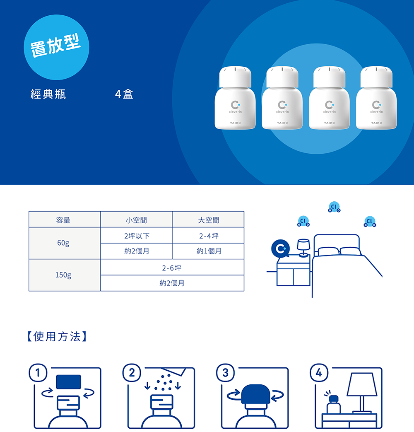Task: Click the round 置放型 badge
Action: pos(56,47)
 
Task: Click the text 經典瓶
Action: pos(48,94)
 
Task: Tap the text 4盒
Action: pos(124,94)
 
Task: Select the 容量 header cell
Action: pos(65,220)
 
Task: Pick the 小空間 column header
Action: pos(136,220)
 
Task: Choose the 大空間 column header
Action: pos(208,220)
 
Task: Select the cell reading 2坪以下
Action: pos(136,236)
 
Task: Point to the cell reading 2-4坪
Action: pos(208,236)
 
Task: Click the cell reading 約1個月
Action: pos(208,251)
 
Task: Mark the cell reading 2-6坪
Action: pos(172,267)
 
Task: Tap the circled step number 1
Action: pos(38,372)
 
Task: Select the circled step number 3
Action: pos(226,372)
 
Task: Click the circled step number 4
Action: pos(319,372)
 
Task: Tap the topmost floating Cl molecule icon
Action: pos(334,207)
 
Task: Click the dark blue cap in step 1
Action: pos(68,382)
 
